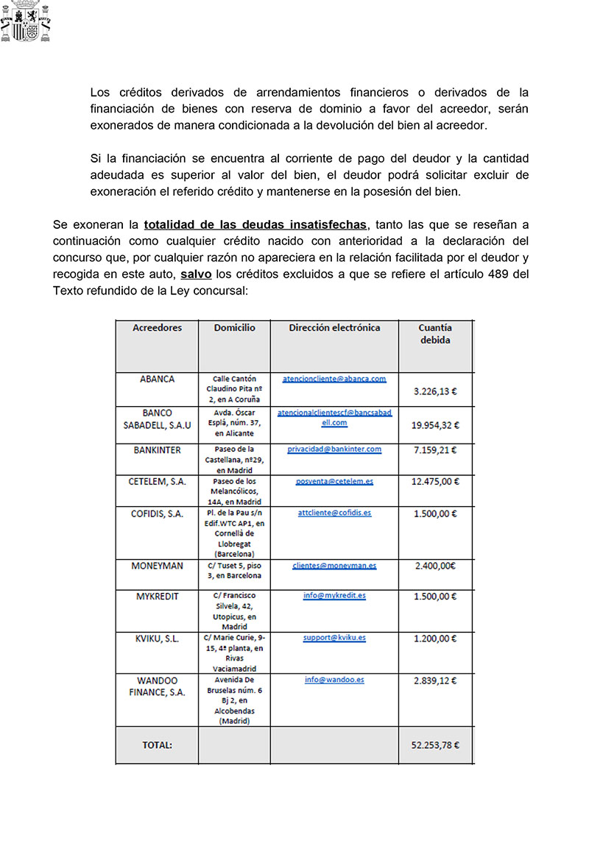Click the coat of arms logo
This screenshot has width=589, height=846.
[x=27, y=21]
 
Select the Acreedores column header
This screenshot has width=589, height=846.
[x=157, y=328]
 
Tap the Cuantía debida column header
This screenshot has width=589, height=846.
[x=435, y=334]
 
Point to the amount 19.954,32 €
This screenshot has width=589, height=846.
[x=436, y=425]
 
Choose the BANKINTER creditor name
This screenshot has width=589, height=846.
[x=157, y=449]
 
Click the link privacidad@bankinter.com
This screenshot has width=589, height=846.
[x=334, y=449]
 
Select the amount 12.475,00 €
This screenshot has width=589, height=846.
[x=436, y=482]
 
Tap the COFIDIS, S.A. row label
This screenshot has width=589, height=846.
[x=157, y=513]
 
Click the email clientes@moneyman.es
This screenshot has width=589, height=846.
[x=334, y=566]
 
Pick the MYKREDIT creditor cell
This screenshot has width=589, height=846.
[x=157, y=596]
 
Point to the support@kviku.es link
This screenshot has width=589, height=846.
[x=334, y=638]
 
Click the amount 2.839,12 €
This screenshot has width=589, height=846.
[x=436, y=680]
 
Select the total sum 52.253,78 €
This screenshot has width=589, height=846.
[x=435, y=744]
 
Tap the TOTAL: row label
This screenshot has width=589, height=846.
[x=157, y=744]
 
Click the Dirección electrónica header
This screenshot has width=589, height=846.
[x=334, y=328]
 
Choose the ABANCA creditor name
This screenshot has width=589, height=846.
[x=157, y=380]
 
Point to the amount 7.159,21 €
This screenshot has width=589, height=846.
[x=436, y=450]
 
